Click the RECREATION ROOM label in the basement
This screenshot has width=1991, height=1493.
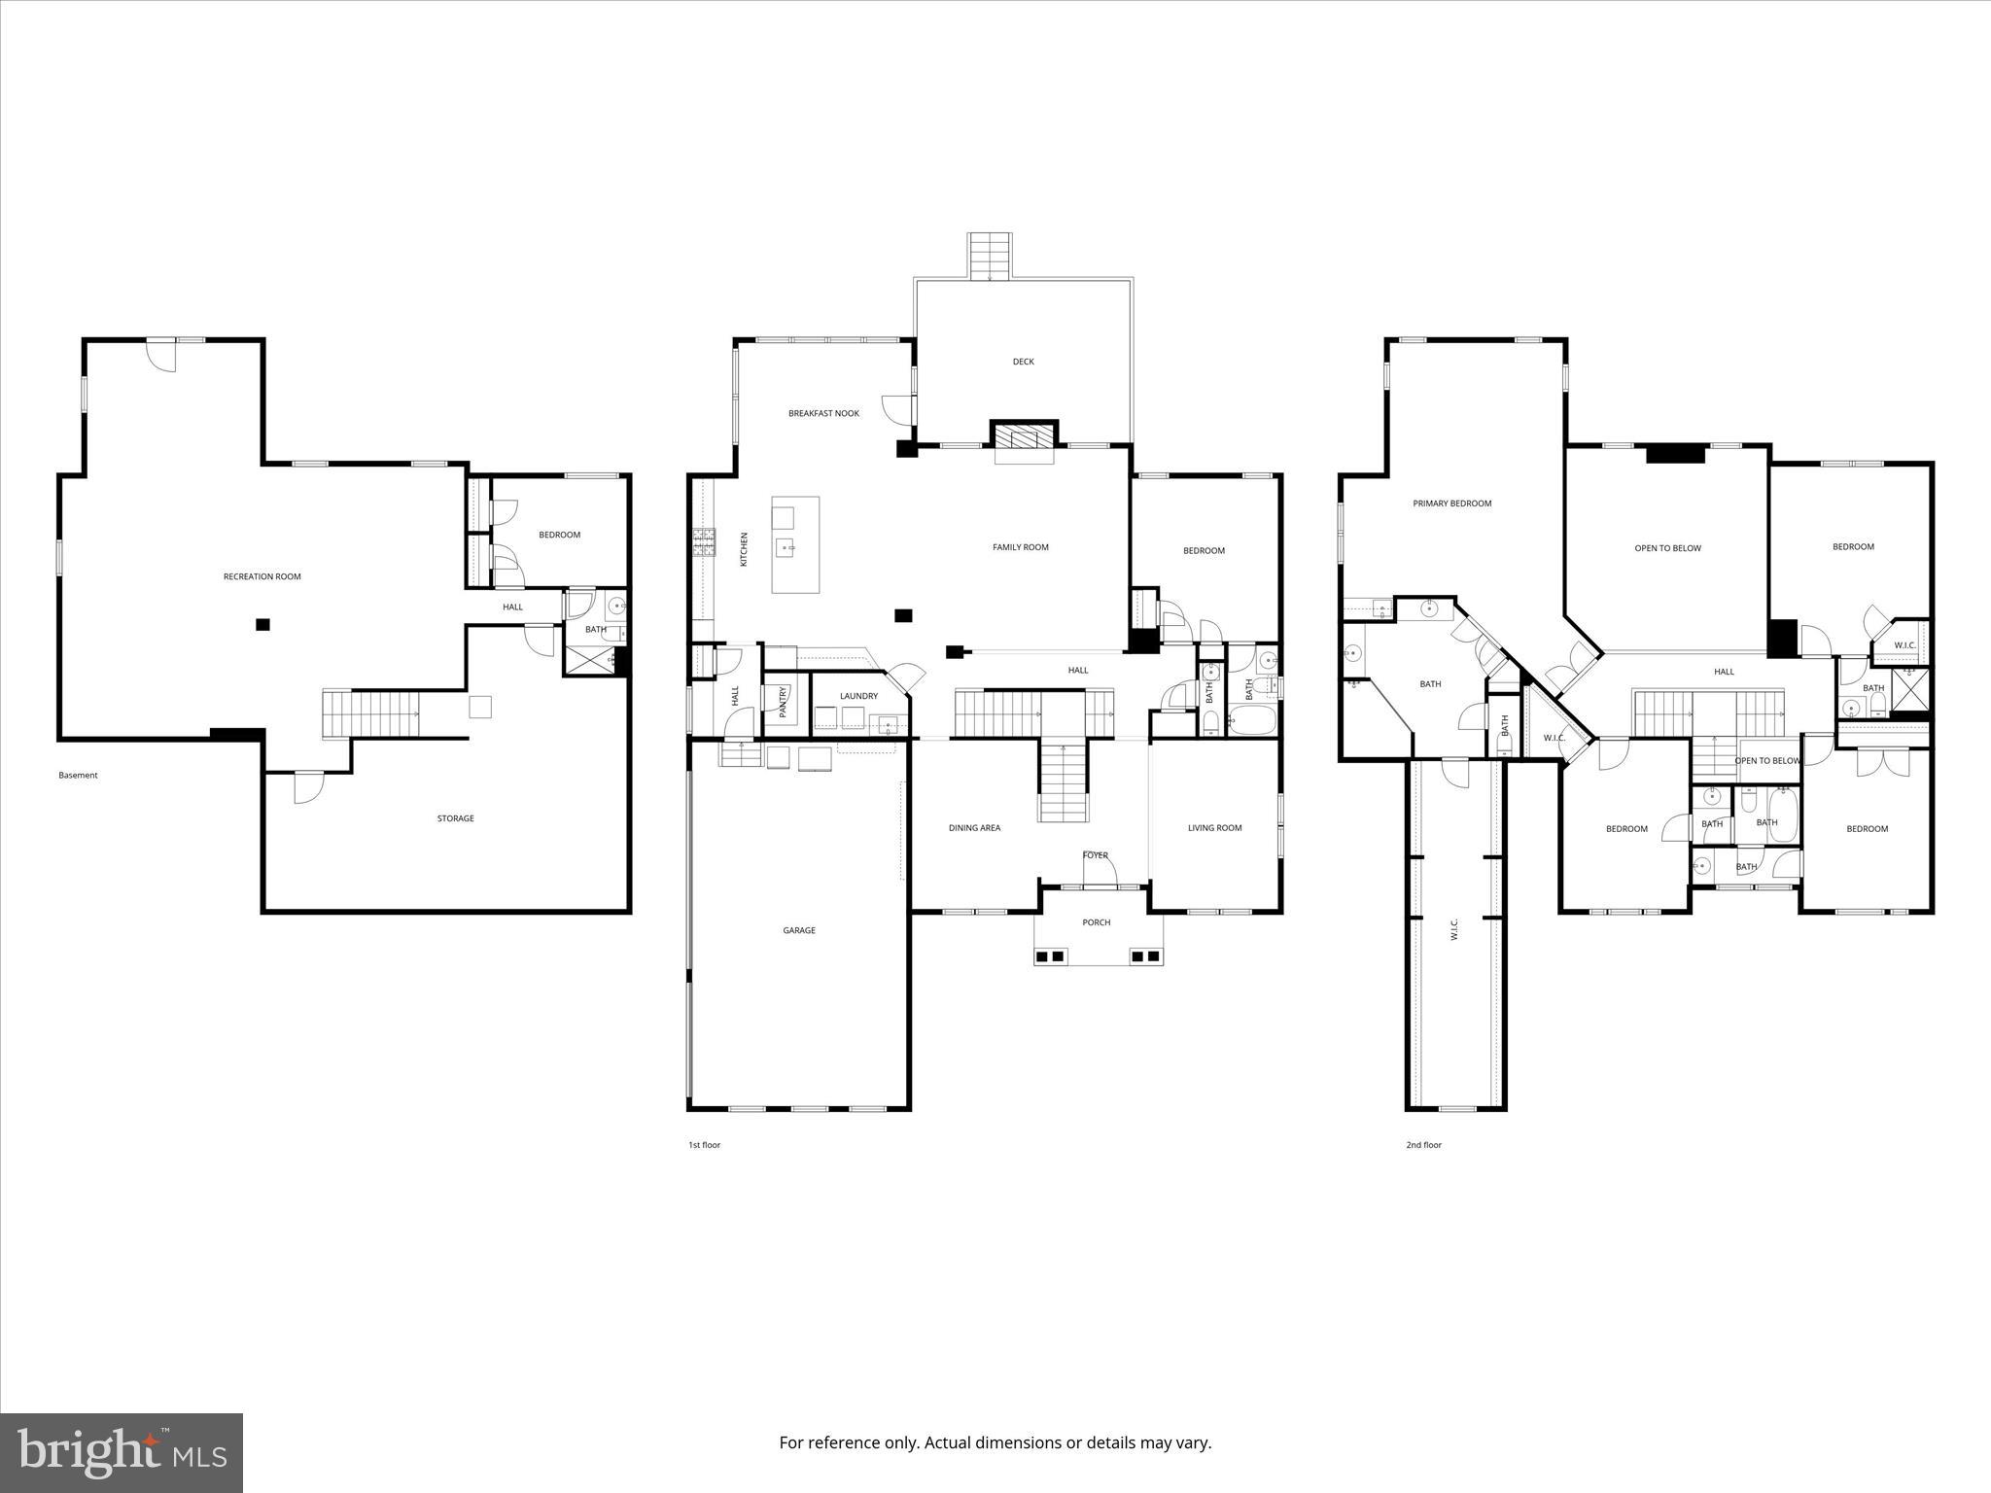(262, 576)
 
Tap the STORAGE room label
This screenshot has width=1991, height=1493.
(455, 818)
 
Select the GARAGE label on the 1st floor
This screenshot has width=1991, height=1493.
(799, 930)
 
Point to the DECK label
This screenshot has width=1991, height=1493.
(1023, 362)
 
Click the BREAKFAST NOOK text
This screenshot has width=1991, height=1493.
(823, 413)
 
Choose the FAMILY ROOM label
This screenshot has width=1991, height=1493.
(1020, 547)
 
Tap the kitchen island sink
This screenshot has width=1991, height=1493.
(787, 548)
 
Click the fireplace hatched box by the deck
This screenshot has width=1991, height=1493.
(1024, 435)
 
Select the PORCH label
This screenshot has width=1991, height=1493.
(1096, 922)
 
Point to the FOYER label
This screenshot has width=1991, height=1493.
(1095, 855)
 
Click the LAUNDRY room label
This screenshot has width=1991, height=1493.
(858, 696)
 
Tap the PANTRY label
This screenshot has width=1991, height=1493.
(783, 702)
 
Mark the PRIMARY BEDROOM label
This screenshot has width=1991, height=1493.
(1451, 503)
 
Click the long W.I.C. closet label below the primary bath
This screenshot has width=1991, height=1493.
(1454, 929)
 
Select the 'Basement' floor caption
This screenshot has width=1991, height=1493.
(78, 775)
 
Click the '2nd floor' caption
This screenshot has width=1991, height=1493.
(1423, 1145)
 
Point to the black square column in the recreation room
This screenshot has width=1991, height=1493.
(262, 625)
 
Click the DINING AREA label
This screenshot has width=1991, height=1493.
(974, 828)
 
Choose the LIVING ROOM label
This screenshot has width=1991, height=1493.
(1214, 828)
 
